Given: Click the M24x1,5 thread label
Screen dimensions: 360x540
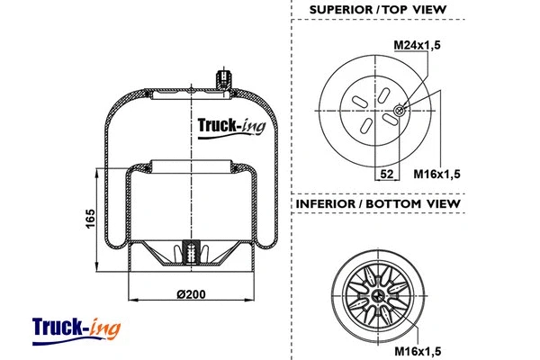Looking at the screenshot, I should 418,44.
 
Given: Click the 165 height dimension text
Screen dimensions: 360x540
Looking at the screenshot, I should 91,219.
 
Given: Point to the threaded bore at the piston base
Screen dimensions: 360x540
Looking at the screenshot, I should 189,254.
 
